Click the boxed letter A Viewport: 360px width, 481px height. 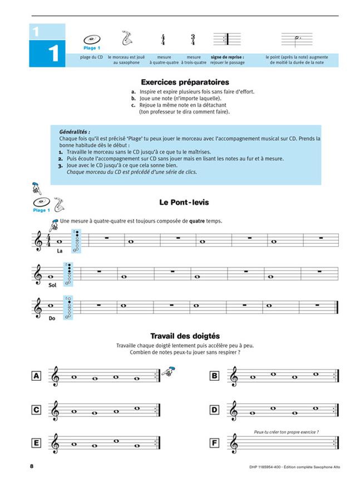[37, 376]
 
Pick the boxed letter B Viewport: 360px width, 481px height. [214, 376]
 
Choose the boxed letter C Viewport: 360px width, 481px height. [37, 410]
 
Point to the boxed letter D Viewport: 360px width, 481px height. [214, 410]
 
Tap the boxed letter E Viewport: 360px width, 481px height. [37, 444]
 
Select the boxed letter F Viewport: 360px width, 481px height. [214, 444]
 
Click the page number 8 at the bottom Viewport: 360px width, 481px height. [32, 465]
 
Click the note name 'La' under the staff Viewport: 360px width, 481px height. [59, 251]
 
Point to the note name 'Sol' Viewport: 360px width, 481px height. [53, 285]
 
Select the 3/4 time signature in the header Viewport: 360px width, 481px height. [193, 40]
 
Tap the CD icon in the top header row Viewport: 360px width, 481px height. [92, 40]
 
